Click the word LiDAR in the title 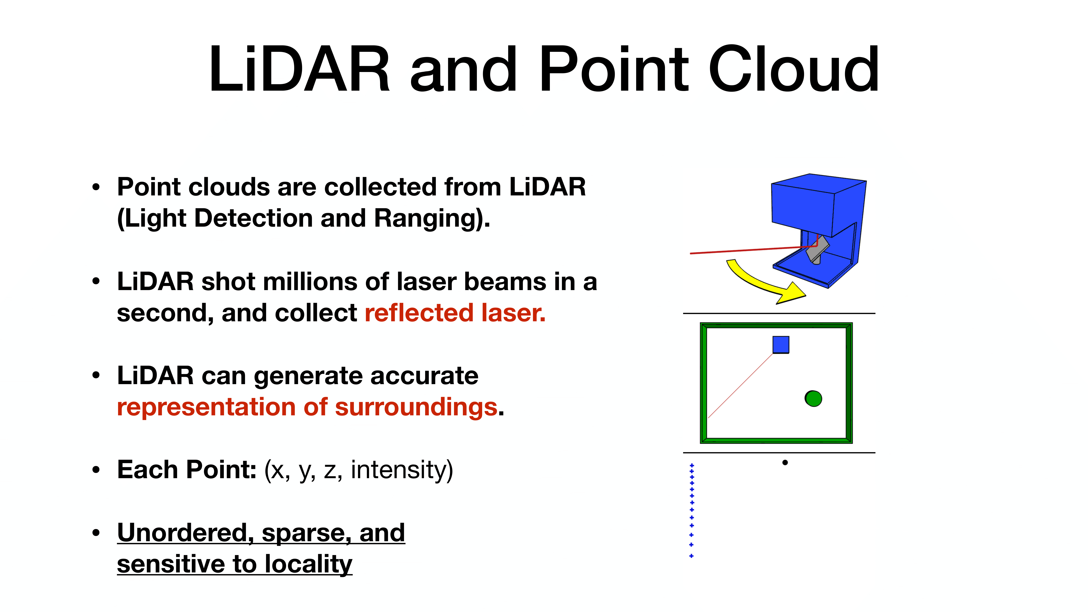point(299,70)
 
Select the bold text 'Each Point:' point(187,470)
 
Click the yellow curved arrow point(760,283)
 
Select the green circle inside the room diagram point(813,398)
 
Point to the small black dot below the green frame point(785,462)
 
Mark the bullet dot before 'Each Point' point(96,470)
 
